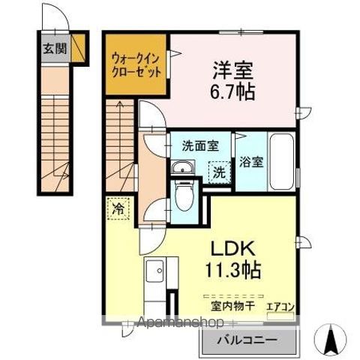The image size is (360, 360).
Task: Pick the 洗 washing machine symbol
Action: click(218, 171)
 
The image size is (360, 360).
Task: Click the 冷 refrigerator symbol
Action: click(118, 208)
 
